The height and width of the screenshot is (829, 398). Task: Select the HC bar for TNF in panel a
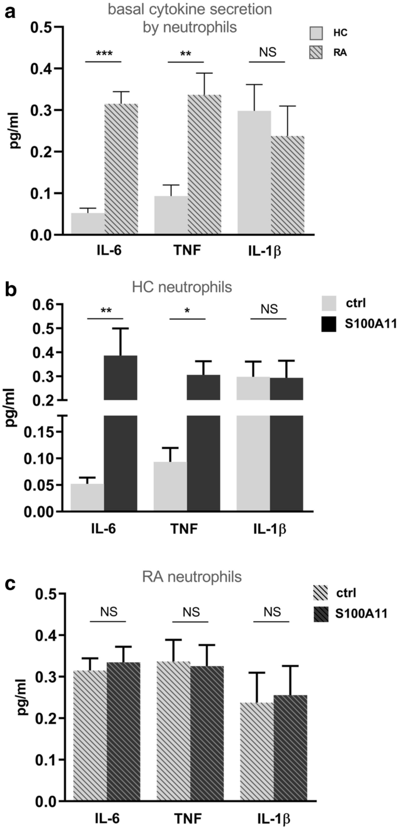(x=170, y=216)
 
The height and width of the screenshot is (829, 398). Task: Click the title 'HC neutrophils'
(x=192, y=286)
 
